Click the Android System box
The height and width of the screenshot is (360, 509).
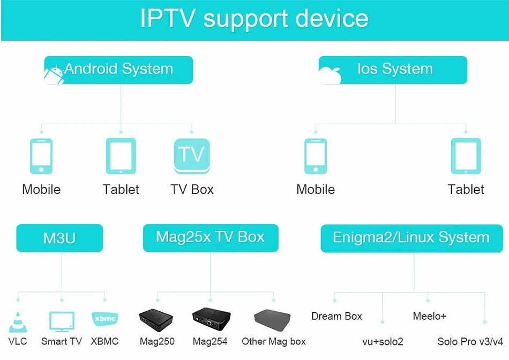point(118,70)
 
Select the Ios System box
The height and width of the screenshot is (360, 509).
point(393,70)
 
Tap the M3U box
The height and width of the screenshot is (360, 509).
point(59,238)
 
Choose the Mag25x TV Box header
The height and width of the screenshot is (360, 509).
point(211,238)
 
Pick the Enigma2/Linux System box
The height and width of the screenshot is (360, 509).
point(411,238)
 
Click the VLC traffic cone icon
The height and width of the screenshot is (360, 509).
point(17,321)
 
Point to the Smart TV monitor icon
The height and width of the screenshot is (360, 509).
point(61,321)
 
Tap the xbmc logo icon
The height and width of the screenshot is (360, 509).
point(104,319)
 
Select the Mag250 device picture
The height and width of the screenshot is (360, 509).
point(157,320)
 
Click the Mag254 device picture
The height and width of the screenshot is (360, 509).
point(211,320)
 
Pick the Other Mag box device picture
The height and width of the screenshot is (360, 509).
point(272,321)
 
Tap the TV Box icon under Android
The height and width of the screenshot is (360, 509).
point(192,156)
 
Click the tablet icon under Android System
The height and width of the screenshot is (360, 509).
point(121,156)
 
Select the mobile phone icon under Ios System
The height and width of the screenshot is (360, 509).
point(316,156)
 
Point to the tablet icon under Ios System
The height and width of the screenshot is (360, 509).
point(466,156)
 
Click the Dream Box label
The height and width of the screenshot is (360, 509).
point(336,316)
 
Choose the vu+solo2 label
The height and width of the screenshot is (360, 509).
point(383,341)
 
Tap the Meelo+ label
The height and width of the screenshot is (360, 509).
point(429,316)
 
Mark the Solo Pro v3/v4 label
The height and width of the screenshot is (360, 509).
point(470,341)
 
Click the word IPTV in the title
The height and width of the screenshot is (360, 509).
point(168,19)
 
